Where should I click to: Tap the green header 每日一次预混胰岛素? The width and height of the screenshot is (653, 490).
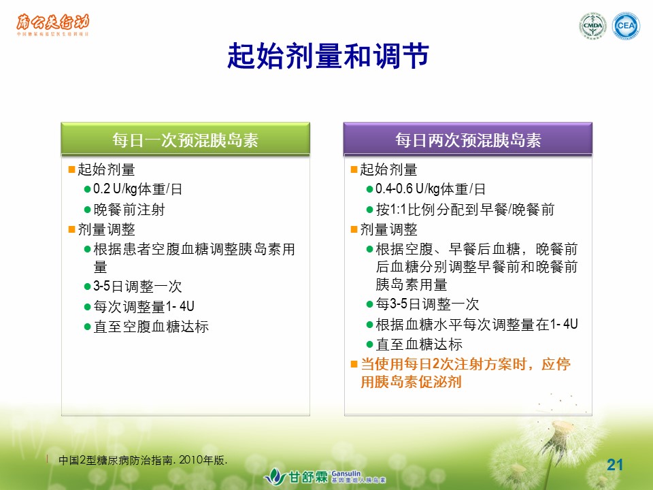pyautogui.click(x=185, y=139)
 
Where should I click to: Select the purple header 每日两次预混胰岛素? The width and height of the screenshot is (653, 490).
pyautogui.click(x=468, y=139)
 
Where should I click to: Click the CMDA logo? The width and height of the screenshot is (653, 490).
pyautogui.click(x=592, y=26)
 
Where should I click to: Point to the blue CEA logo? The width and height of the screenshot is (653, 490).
pyautogui.click(x=626, y=26)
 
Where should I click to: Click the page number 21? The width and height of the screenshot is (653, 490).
pyautogui.click(x=615, y=465)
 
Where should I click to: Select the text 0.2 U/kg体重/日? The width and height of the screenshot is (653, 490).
pyautogui.click(x=138, y=189)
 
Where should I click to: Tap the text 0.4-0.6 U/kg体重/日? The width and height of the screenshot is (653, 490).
pyautogui.click(x=431, y=189)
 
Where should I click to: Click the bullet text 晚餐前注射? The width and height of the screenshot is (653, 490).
pyautogui.click(x=129, y=209)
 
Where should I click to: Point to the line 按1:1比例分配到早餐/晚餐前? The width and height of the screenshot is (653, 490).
pyautogui.click(x=465, y=209)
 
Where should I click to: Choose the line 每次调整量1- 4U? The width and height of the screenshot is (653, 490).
pyautogui.click(x=144, y=307)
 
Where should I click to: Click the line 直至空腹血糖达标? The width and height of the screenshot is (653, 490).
pyautogui.click(x=151, y=327)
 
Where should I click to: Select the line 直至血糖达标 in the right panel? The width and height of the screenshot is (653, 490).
pyautogui.click(x=419, y=344)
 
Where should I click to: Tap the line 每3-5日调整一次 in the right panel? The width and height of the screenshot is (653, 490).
pyautogui.click(x=427, y=304)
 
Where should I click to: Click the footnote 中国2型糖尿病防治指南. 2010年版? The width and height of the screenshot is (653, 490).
pyautogui.click(x=143, y=460)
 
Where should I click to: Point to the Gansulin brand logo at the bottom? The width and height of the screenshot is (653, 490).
pyautogui.click(x=325, y=476)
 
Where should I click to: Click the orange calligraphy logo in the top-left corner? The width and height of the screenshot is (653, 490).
pyautogui.click(x=53, y=25)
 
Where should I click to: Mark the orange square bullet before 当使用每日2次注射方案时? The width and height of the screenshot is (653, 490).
pyautogui.click(x=354, y=364)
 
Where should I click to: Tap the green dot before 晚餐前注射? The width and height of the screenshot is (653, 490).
pyautogui.click(x=88, y=210)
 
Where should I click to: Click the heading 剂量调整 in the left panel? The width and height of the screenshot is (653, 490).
pyautogui.click(x=107, y=229)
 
